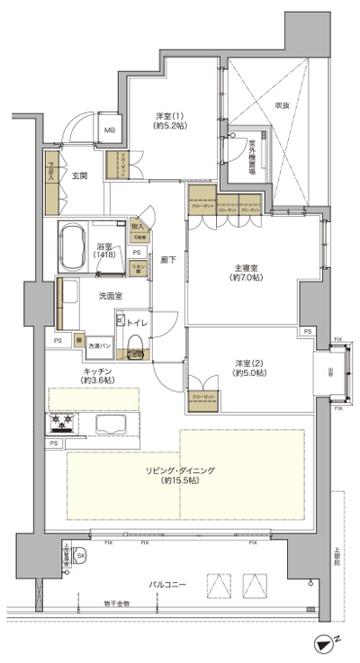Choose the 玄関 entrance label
coord(79,176)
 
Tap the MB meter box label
coord(110,130)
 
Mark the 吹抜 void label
coord(282,105)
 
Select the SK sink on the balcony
coord(81,557)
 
